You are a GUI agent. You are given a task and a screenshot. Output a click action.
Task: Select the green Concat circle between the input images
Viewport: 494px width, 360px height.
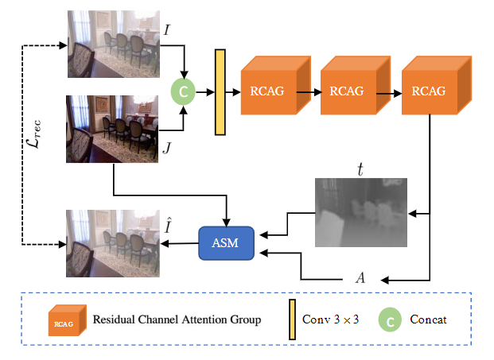coord(183,92)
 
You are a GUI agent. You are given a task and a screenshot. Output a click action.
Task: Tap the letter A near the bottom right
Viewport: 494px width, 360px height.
coord(360,279)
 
